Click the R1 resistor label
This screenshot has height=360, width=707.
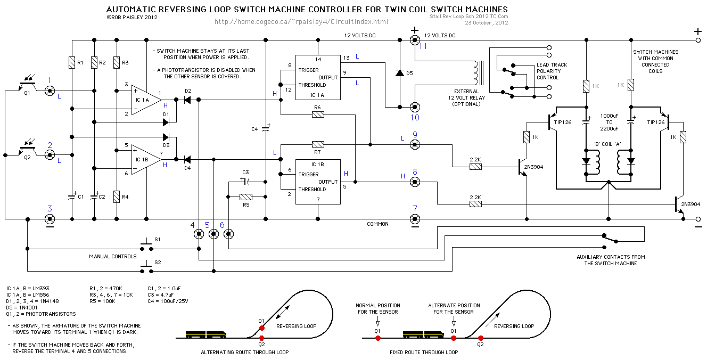pos(80,63)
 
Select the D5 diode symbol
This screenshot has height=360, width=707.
pos(399,72)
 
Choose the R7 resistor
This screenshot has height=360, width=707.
pos(318,144)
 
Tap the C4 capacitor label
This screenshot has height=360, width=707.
pos(254,129)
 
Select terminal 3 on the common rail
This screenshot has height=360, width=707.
pos(50,219)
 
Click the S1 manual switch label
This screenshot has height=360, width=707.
pos(158,240)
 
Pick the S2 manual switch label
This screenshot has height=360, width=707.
pos(158,263)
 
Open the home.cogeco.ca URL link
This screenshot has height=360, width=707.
pos(301,22)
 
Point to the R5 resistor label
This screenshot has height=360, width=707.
pos(245,204)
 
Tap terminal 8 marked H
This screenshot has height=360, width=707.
pos(414,182)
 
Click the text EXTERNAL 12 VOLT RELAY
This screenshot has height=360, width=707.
pos(466,98)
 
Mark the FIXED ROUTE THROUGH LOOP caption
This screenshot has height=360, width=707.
pos(423,352)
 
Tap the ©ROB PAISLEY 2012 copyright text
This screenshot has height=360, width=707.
pos(133,17)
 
